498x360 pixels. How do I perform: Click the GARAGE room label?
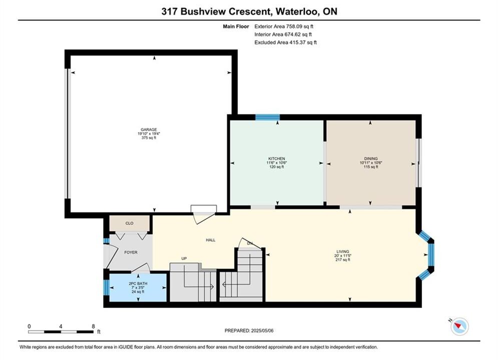tap(149, 129)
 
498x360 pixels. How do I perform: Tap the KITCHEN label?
tap(277, 158)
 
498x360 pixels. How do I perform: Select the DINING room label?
tap(371, 158)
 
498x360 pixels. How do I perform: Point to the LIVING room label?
tap(343, 251)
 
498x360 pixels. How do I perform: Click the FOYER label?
tap(131, 252)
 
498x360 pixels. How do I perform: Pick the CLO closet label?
tap(129, 223)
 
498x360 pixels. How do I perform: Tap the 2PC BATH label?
tap(138, 283)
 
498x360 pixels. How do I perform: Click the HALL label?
tap(211, 240)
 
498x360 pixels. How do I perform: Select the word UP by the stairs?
tap(184, 258)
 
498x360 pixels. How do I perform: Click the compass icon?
tap(459, 326)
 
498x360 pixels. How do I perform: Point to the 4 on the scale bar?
tap(61, 326)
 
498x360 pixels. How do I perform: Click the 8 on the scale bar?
tap(93, 326)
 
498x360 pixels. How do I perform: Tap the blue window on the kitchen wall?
tap(267, 117)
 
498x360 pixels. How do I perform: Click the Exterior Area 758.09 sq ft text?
tap(284, 26)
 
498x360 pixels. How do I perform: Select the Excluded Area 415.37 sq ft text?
tap(285, 42)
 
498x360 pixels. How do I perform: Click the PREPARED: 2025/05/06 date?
tap(249, 330)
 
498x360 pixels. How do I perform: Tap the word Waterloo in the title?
tap(297, 11)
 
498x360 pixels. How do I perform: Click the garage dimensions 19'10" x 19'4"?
tap(149, 134)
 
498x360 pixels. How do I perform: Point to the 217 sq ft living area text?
tap(343, 260)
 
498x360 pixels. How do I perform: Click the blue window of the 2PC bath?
tap(107, 287)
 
